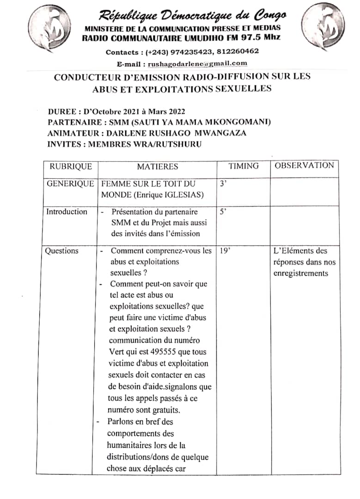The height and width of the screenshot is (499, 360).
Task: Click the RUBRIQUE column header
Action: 71,166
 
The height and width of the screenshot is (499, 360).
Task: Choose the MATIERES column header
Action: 157,166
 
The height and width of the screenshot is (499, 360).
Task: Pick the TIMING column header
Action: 244,166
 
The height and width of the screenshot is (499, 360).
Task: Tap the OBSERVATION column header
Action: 304,165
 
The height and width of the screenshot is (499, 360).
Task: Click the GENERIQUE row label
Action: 70,184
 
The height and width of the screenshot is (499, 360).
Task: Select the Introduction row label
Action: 67,212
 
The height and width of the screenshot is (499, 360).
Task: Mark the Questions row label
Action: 61,251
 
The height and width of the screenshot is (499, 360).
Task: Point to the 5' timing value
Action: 223,212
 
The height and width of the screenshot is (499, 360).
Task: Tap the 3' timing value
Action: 223,184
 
